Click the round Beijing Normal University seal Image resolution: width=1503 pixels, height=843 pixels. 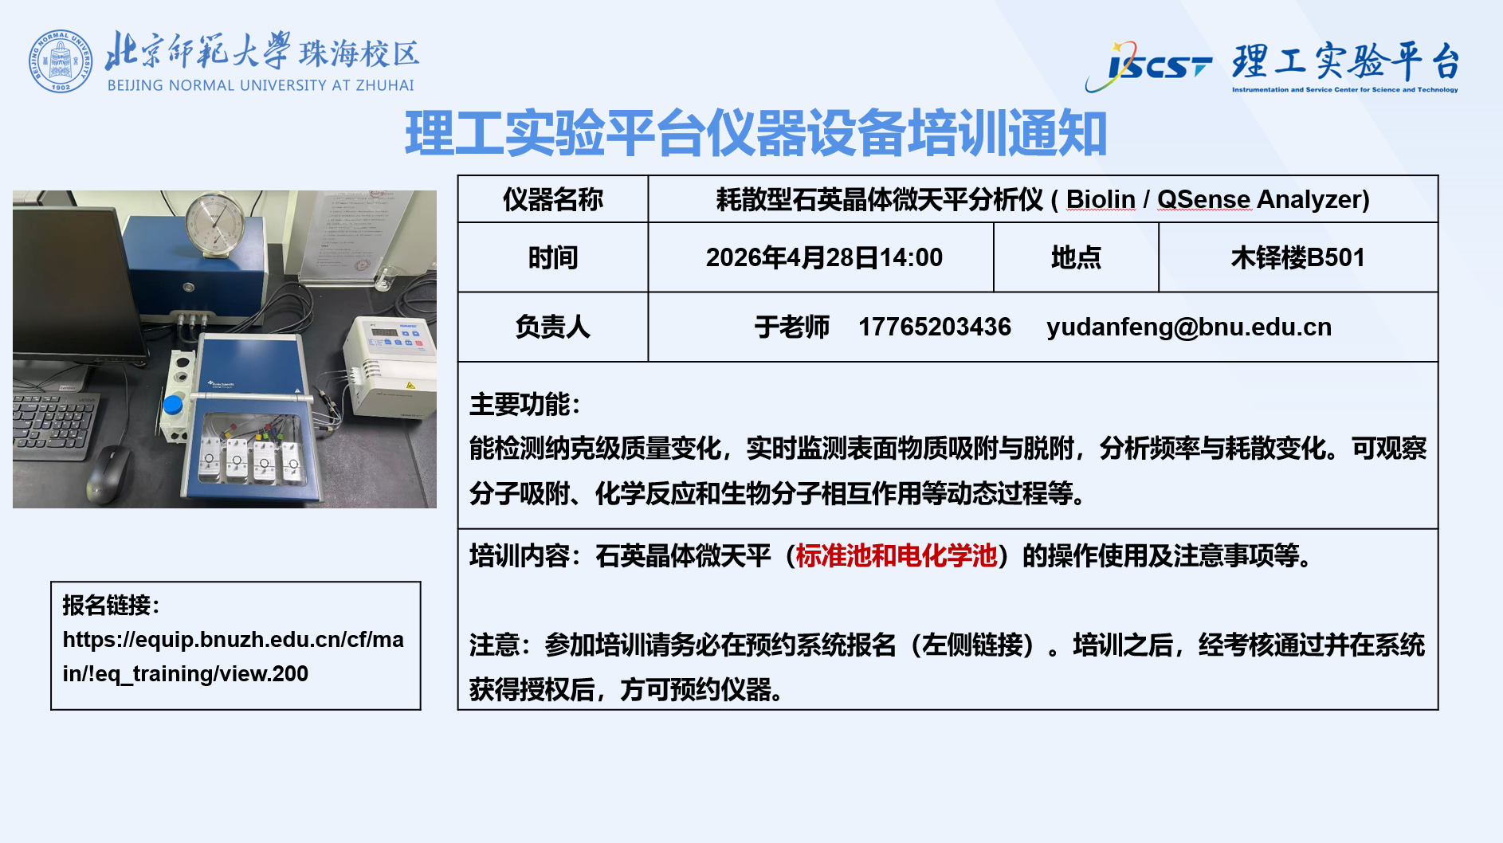[x=61, y=61]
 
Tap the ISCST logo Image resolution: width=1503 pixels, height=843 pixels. [x=1149, y=65]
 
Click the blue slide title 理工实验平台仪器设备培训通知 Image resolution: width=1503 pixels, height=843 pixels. [x=755, y=133]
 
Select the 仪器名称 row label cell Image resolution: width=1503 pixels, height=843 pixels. [x=552, y=199]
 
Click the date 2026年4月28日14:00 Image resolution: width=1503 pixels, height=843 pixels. [x=823, y=257]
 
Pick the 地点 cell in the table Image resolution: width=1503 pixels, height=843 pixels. [x=1075, y=257]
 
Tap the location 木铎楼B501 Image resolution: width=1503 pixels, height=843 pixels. [x=1297, y=257]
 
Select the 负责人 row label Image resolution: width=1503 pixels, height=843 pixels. [x=552, y=327]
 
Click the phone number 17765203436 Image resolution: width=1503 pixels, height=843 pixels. [x=934, y=327]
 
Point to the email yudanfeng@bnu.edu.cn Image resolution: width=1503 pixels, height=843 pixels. [x=1188, y=327]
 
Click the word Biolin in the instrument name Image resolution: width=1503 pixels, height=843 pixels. [x=1100, y=199]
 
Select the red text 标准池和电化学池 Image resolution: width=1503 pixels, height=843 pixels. [x=896, y=555]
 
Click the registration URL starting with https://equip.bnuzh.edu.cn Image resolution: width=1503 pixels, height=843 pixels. [x=233, y=656]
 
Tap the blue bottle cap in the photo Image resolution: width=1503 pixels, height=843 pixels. [x=173, y=405]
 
